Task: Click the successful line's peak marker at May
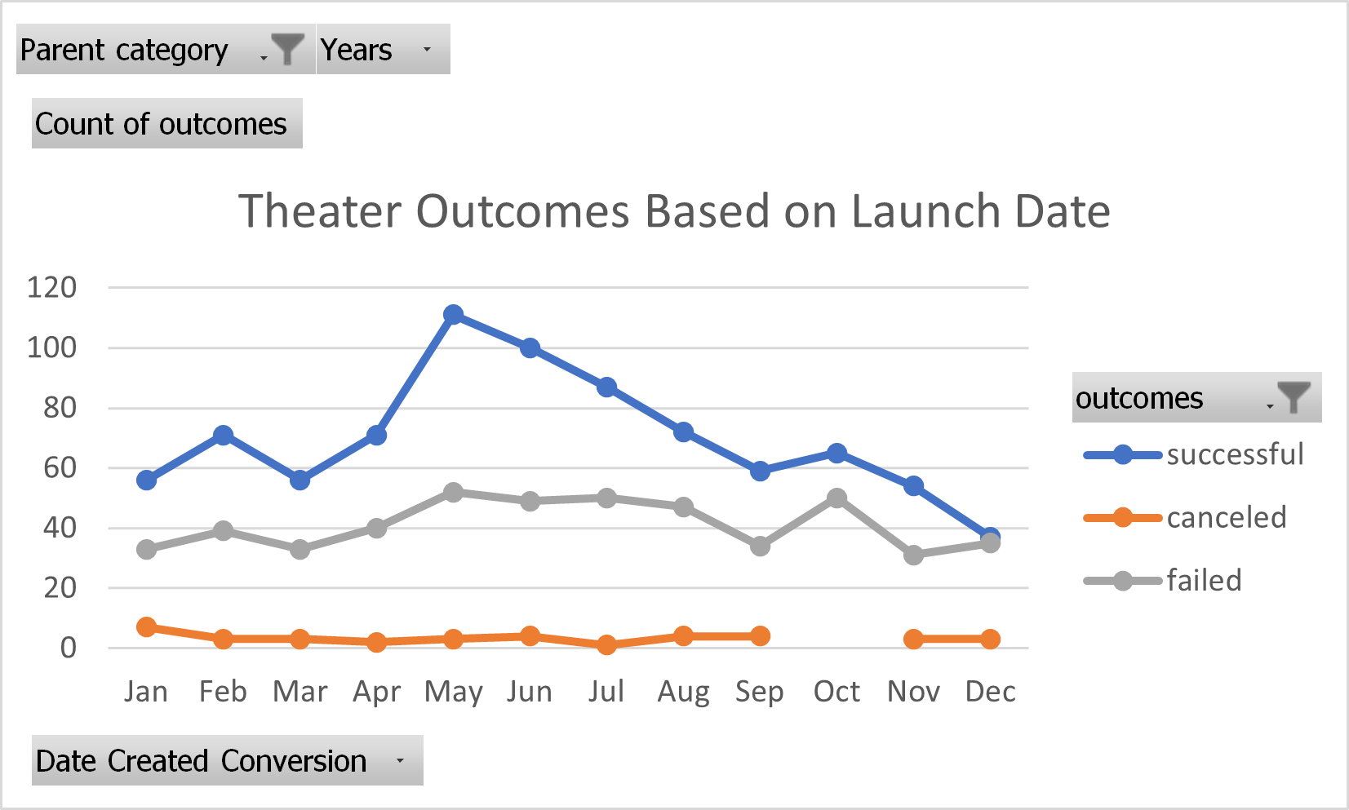(x=454, y=315)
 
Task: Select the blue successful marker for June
(x=530, y=348)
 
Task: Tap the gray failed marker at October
(x=836, y=498)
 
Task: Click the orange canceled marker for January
(x=147, y=627)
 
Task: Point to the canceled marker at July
(x=606, y=645)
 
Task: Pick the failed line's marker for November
(x=913, y=555)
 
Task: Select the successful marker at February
(x=223, y=436)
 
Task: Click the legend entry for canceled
(x=1225, y=518)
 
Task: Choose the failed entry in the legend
(x=1204, y=581)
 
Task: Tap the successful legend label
(x=1234, y=454)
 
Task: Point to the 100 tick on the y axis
(x=51, y=348)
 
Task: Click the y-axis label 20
(x=60, y=588)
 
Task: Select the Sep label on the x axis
(x=759, y=692)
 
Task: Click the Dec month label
(x=990, y=692)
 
